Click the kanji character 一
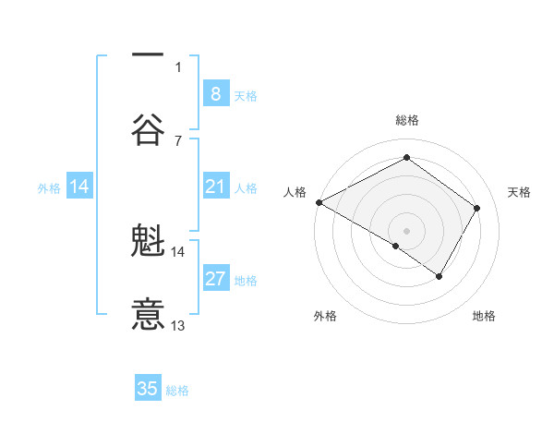pos(148,54)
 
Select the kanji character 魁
pos(148,241)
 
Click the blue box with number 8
pos(215,94)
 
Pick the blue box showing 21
pos(215,187)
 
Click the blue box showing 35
pos(148,389)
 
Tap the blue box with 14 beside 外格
pos(79,187)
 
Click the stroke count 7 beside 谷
pos(178,140)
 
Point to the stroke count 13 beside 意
pos(178,326)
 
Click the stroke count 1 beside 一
pos(178,66)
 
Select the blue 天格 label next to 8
pos(246,95)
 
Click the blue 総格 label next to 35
pos(177,391)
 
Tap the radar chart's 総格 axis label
pos(406,120)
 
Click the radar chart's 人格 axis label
pos(295,192)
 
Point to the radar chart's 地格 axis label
pos(484,316)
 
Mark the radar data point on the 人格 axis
pos(319,202)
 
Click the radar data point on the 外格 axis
pos(396,246)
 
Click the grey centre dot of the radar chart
pos(406,230)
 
